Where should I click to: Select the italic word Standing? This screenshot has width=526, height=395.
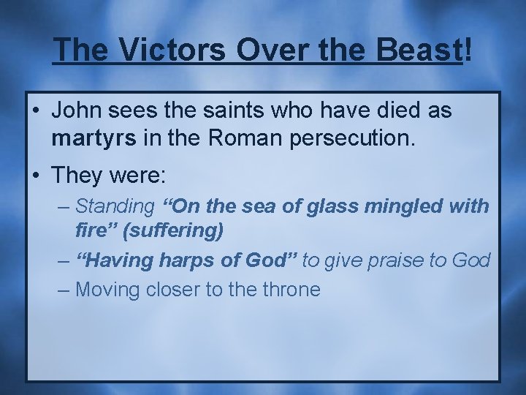[x=115, y=207]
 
